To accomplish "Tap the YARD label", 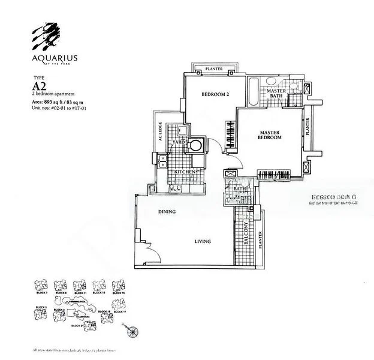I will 178,142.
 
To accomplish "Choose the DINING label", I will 167,212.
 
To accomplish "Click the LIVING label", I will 202,241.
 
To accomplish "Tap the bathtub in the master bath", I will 252,91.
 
